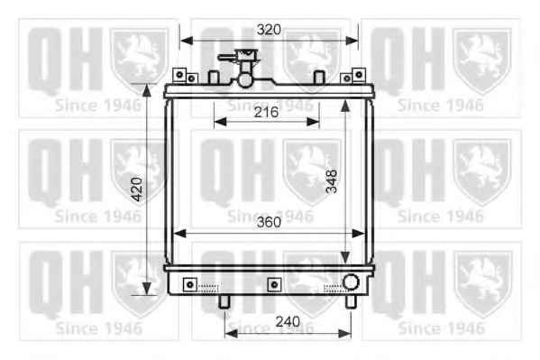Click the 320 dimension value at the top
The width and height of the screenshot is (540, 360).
click(x=269, y=30)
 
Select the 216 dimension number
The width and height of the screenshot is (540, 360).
click(x=266, y=112)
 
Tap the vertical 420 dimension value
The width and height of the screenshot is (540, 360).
click(x=137, y=189)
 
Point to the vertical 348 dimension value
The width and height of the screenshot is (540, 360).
click(x=331, y=181)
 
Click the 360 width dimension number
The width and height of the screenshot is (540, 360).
click(x=269, y=223)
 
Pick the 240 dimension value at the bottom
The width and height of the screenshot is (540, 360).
click(x=288, y=322)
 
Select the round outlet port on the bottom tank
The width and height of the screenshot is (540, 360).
click(x=351, y=282)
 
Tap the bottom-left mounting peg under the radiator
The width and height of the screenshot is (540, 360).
click(x=224, y=301)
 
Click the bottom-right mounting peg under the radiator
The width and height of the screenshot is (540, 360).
click(x=351, y=301)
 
